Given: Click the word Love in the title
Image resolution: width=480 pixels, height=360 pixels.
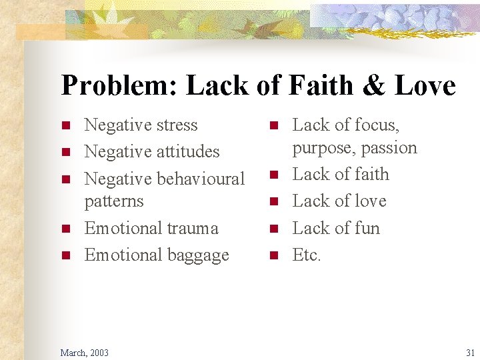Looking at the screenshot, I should coord(425,86).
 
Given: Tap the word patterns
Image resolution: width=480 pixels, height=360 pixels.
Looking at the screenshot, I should coord(114,201).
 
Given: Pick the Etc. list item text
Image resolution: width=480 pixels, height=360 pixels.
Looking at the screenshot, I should coord(307,255).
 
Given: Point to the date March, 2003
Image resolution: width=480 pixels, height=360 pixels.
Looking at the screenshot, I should coord(84,352).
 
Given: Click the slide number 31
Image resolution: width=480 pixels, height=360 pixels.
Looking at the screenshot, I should coord(470,352).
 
